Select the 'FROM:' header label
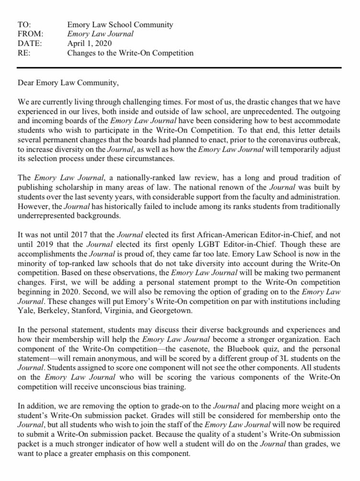click(x=28, y=34)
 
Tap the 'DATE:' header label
click(x=27, y=43)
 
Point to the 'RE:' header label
click(x=23, y=53)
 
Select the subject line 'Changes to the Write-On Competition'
click(x=130, y=53)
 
